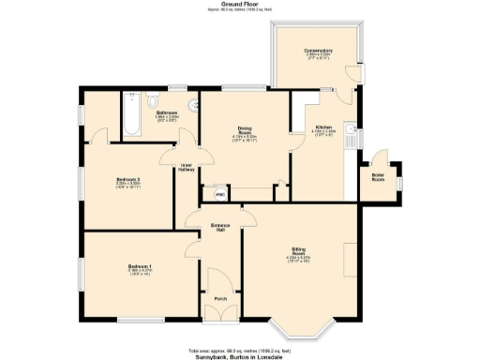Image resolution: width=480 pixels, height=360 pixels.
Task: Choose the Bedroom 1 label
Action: click(x=139, y=267)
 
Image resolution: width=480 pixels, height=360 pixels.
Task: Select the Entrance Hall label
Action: click(x=220, y=227)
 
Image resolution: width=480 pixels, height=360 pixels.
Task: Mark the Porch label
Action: click(x=220, y=298)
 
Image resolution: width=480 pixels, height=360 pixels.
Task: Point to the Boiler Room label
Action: click(x=379, y=178)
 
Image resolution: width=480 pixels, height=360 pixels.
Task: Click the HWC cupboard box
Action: click(x=220, y=195)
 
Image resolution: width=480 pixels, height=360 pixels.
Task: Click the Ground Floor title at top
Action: click(x=240, y=4)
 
